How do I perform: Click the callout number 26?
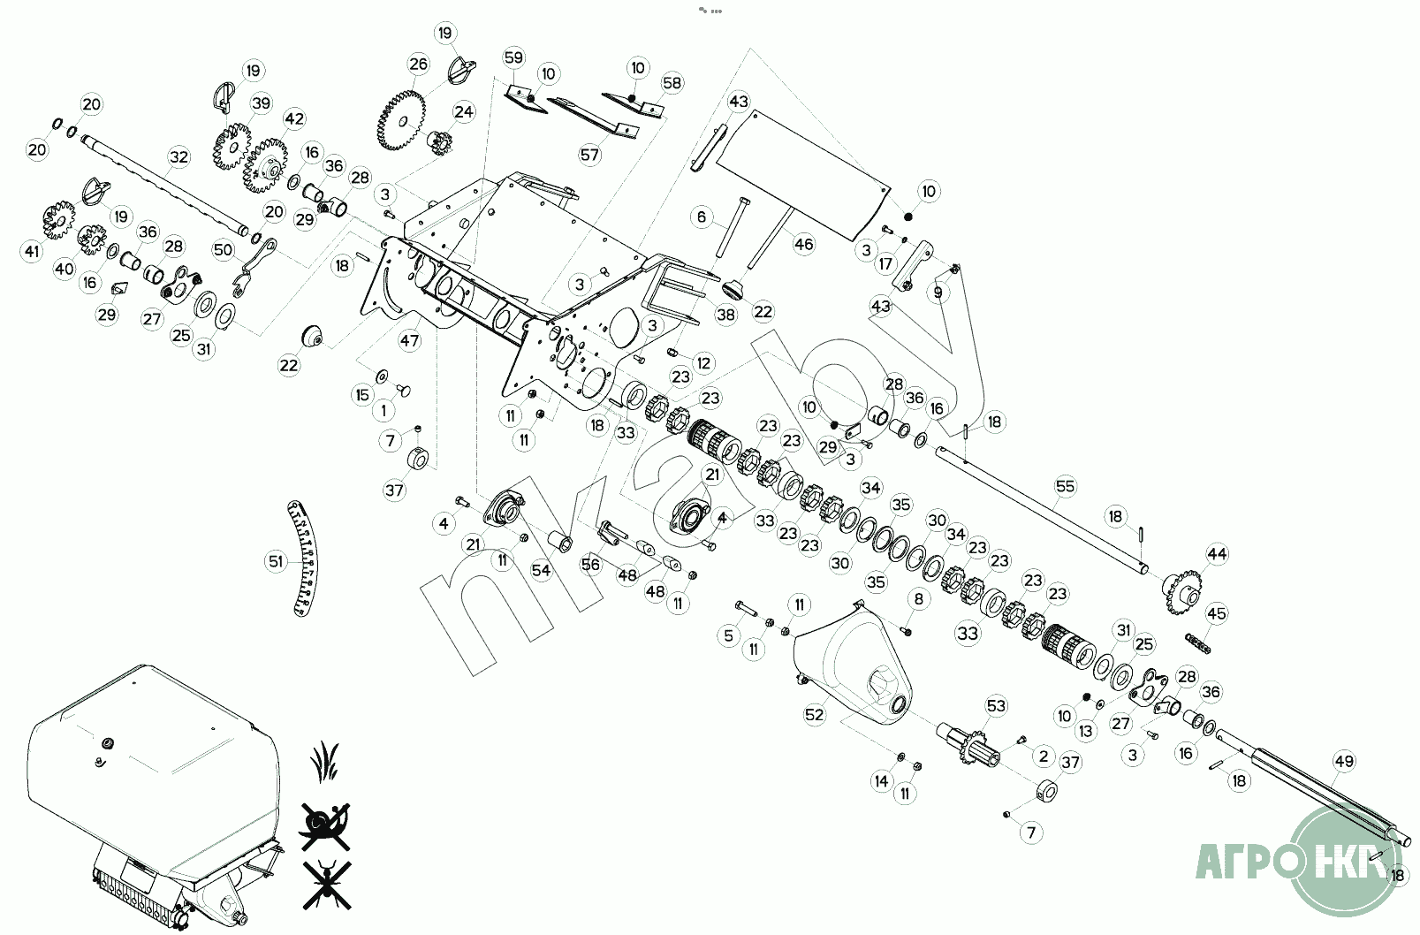click(x=418, y=64)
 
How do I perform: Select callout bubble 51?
click(x=276, y=561)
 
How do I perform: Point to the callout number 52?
click(x=814, y=714)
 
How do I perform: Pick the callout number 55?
click(x=1066, y=486)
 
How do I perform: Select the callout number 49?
click(x=1344, y=761)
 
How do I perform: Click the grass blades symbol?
click(x=325, y=758)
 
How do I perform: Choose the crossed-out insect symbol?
click(x=325, y=882)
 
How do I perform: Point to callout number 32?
click(x=179, y=157)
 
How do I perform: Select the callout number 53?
click(x=996, y=705)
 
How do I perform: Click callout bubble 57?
click(x=589, y=155)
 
